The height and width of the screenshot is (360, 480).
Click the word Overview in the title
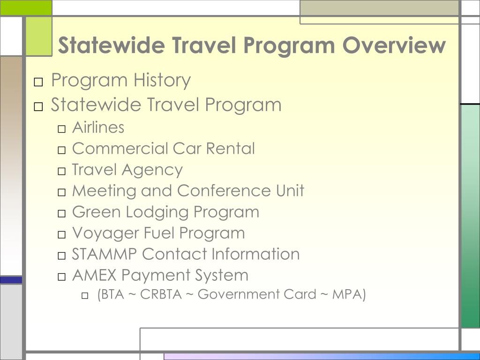point(394,45)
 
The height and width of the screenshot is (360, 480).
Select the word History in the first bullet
point(162,80)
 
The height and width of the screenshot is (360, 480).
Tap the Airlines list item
point(98,127)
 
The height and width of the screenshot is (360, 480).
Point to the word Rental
point(231,149)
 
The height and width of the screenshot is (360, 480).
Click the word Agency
point(157,170)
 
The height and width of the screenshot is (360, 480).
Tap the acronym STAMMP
point(105,254)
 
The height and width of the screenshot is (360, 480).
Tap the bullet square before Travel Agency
point(62,171)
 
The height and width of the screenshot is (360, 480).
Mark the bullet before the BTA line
point(85,296)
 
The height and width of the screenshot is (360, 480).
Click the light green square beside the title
point(39,36)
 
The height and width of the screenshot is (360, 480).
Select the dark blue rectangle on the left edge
point(11,280)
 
